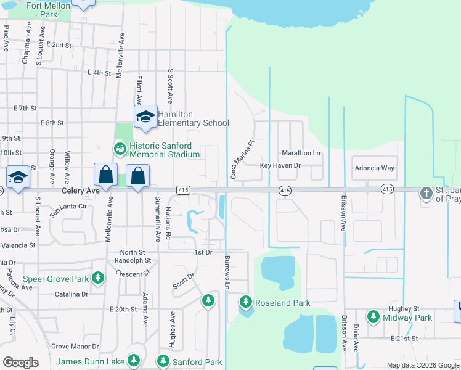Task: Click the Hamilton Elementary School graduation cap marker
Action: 145,117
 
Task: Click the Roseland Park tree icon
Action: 246,302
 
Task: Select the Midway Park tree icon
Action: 373,317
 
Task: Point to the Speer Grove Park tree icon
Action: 97,279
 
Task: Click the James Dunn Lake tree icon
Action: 134,360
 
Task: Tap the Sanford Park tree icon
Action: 163,360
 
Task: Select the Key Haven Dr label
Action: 280,166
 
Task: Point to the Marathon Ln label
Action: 301,153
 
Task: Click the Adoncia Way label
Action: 373,168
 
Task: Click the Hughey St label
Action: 404,308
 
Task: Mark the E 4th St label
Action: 99,73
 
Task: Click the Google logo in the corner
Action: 20,363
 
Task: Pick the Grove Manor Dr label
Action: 75,347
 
